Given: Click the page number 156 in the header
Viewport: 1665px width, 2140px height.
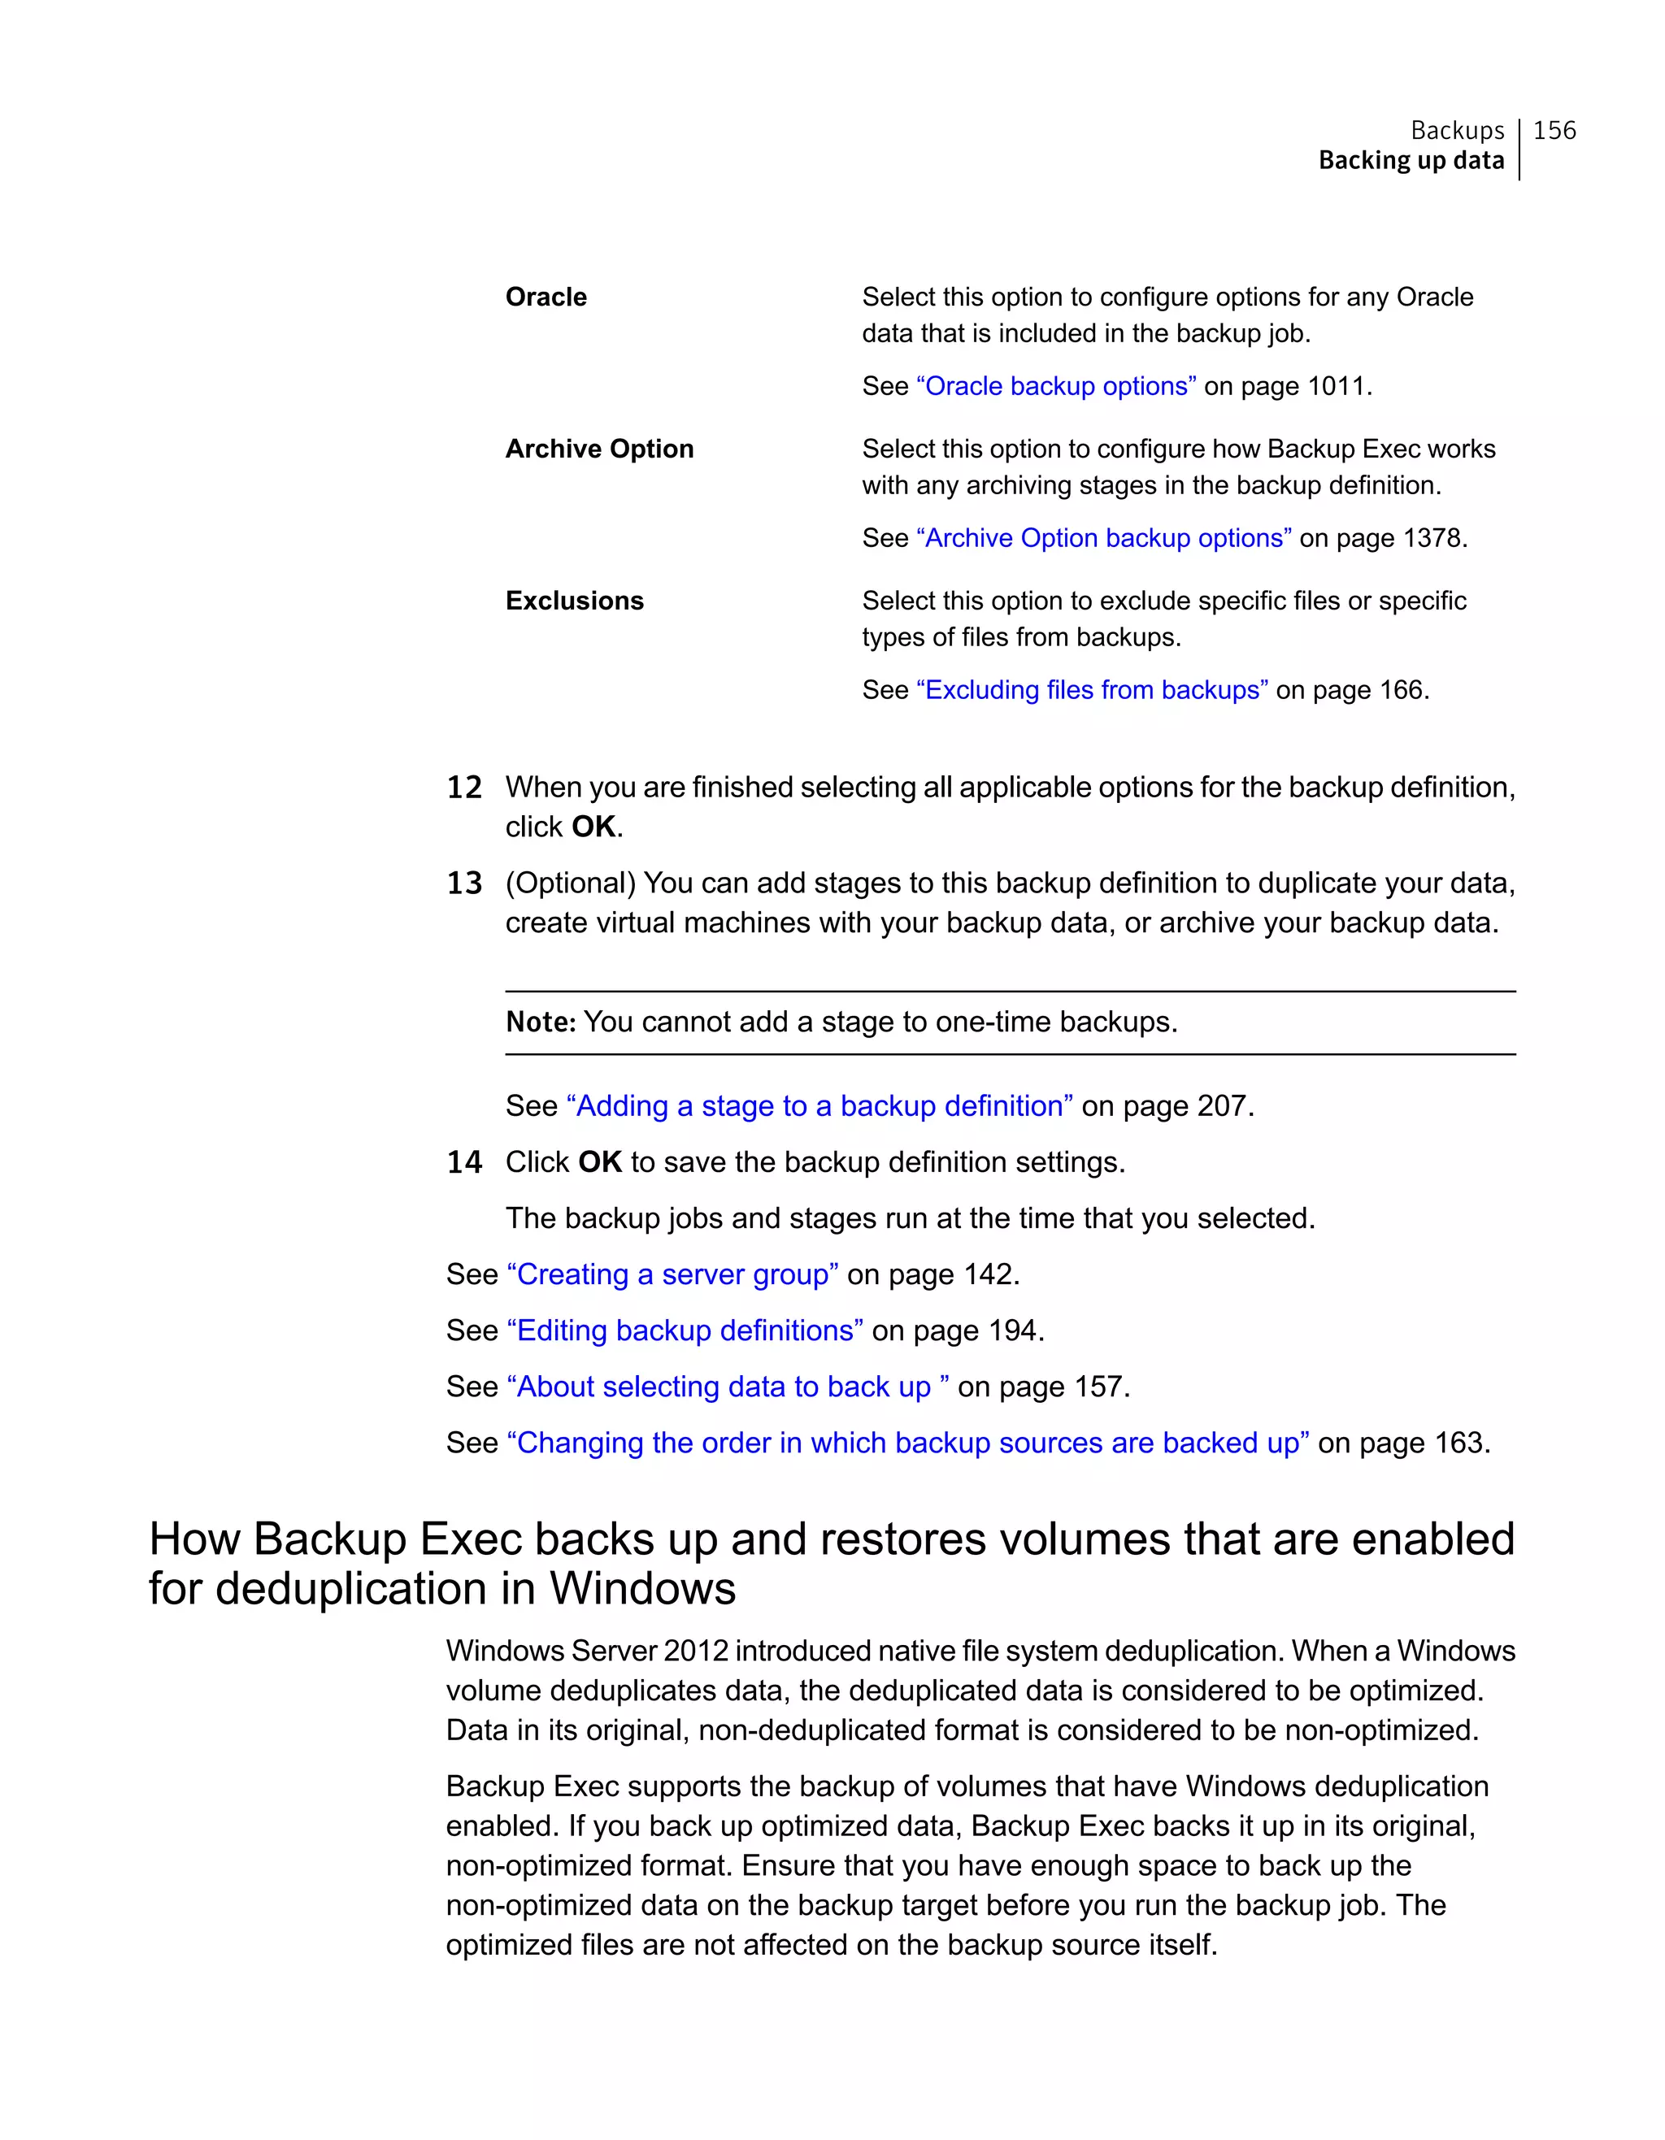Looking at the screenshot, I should tap(1554, 130).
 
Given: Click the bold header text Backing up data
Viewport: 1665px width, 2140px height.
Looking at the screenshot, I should tap(1411, 161).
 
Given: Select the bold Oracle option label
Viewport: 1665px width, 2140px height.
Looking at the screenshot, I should tap(546, 297).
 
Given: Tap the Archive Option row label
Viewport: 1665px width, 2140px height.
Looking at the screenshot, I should tap(599, 449).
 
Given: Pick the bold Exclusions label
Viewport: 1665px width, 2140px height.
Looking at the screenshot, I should tap(574, 601).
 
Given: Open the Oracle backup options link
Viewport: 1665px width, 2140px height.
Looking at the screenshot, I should tap(1055, 386).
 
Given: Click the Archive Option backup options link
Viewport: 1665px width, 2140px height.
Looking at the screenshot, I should tap(1102, 538).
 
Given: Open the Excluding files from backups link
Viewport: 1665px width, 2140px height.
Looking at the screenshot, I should tap(1092, 690).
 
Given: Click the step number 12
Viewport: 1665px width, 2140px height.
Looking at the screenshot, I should tap(464, 788).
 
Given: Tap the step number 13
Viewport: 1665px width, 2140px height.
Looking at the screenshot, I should tap(464, 883).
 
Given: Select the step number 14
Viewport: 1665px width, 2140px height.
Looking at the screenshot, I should tap(464, 1163).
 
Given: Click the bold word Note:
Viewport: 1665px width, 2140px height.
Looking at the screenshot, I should tap(540, 1022).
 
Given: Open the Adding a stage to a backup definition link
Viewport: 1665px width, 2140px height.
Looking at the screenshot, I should tap(819, 1106).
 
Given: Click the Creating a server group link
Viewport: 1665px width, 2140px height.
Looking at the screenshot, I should tap(672, 1274).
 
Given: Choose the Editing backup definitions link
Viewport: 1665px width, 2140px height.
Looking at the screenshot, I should tap(684, 1330).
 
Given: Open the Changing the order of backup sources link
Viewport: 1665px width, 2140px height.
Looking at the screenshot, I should tap(907, 1443).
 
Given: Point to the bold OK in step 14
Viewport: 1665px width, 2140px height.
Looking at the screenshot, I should tap(599, 1162).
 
